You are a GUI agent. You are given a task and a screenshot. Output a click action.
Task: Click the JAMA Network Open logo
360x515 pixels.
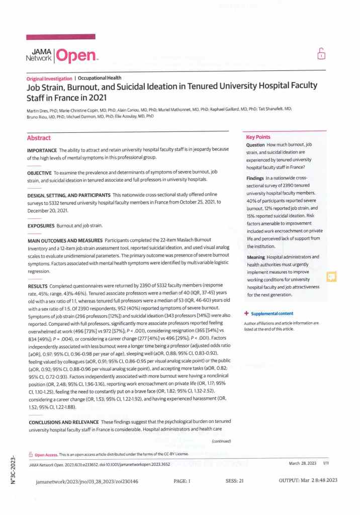pos(60,55)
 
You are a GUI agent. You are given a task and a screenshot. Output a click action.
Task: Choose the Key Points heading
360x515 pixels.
pos(258,137)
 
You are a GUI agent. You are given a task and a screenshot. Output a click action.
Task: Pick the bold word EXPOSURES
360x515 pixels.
pos(41,226)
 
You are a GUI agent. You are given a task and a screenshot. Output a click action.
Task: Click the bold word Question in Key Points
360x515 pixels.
pos(258,145)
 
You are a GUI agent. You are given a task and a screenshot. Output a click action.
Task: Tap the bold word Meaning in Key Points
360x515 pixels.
pos(257,257)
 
